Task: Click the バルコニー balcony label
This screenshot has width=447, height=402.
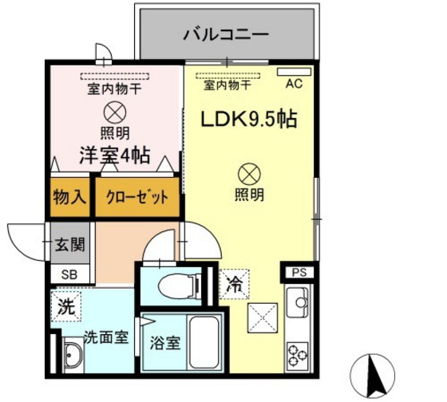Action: [x=226, y=34]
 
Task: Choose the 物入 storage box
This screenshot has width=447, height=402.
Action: [x=69, y=196]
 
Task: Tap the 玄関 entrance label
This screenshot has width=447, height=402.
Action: [x=65, y=246]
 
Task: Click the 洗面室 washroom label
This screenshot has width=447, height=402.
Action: [x=105, y=337]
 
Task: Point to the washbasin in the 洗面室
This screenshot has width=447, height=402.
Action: [x=70, y=354]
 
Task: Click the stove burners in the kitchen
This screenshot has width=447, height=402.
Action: [x=298, y=352]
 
